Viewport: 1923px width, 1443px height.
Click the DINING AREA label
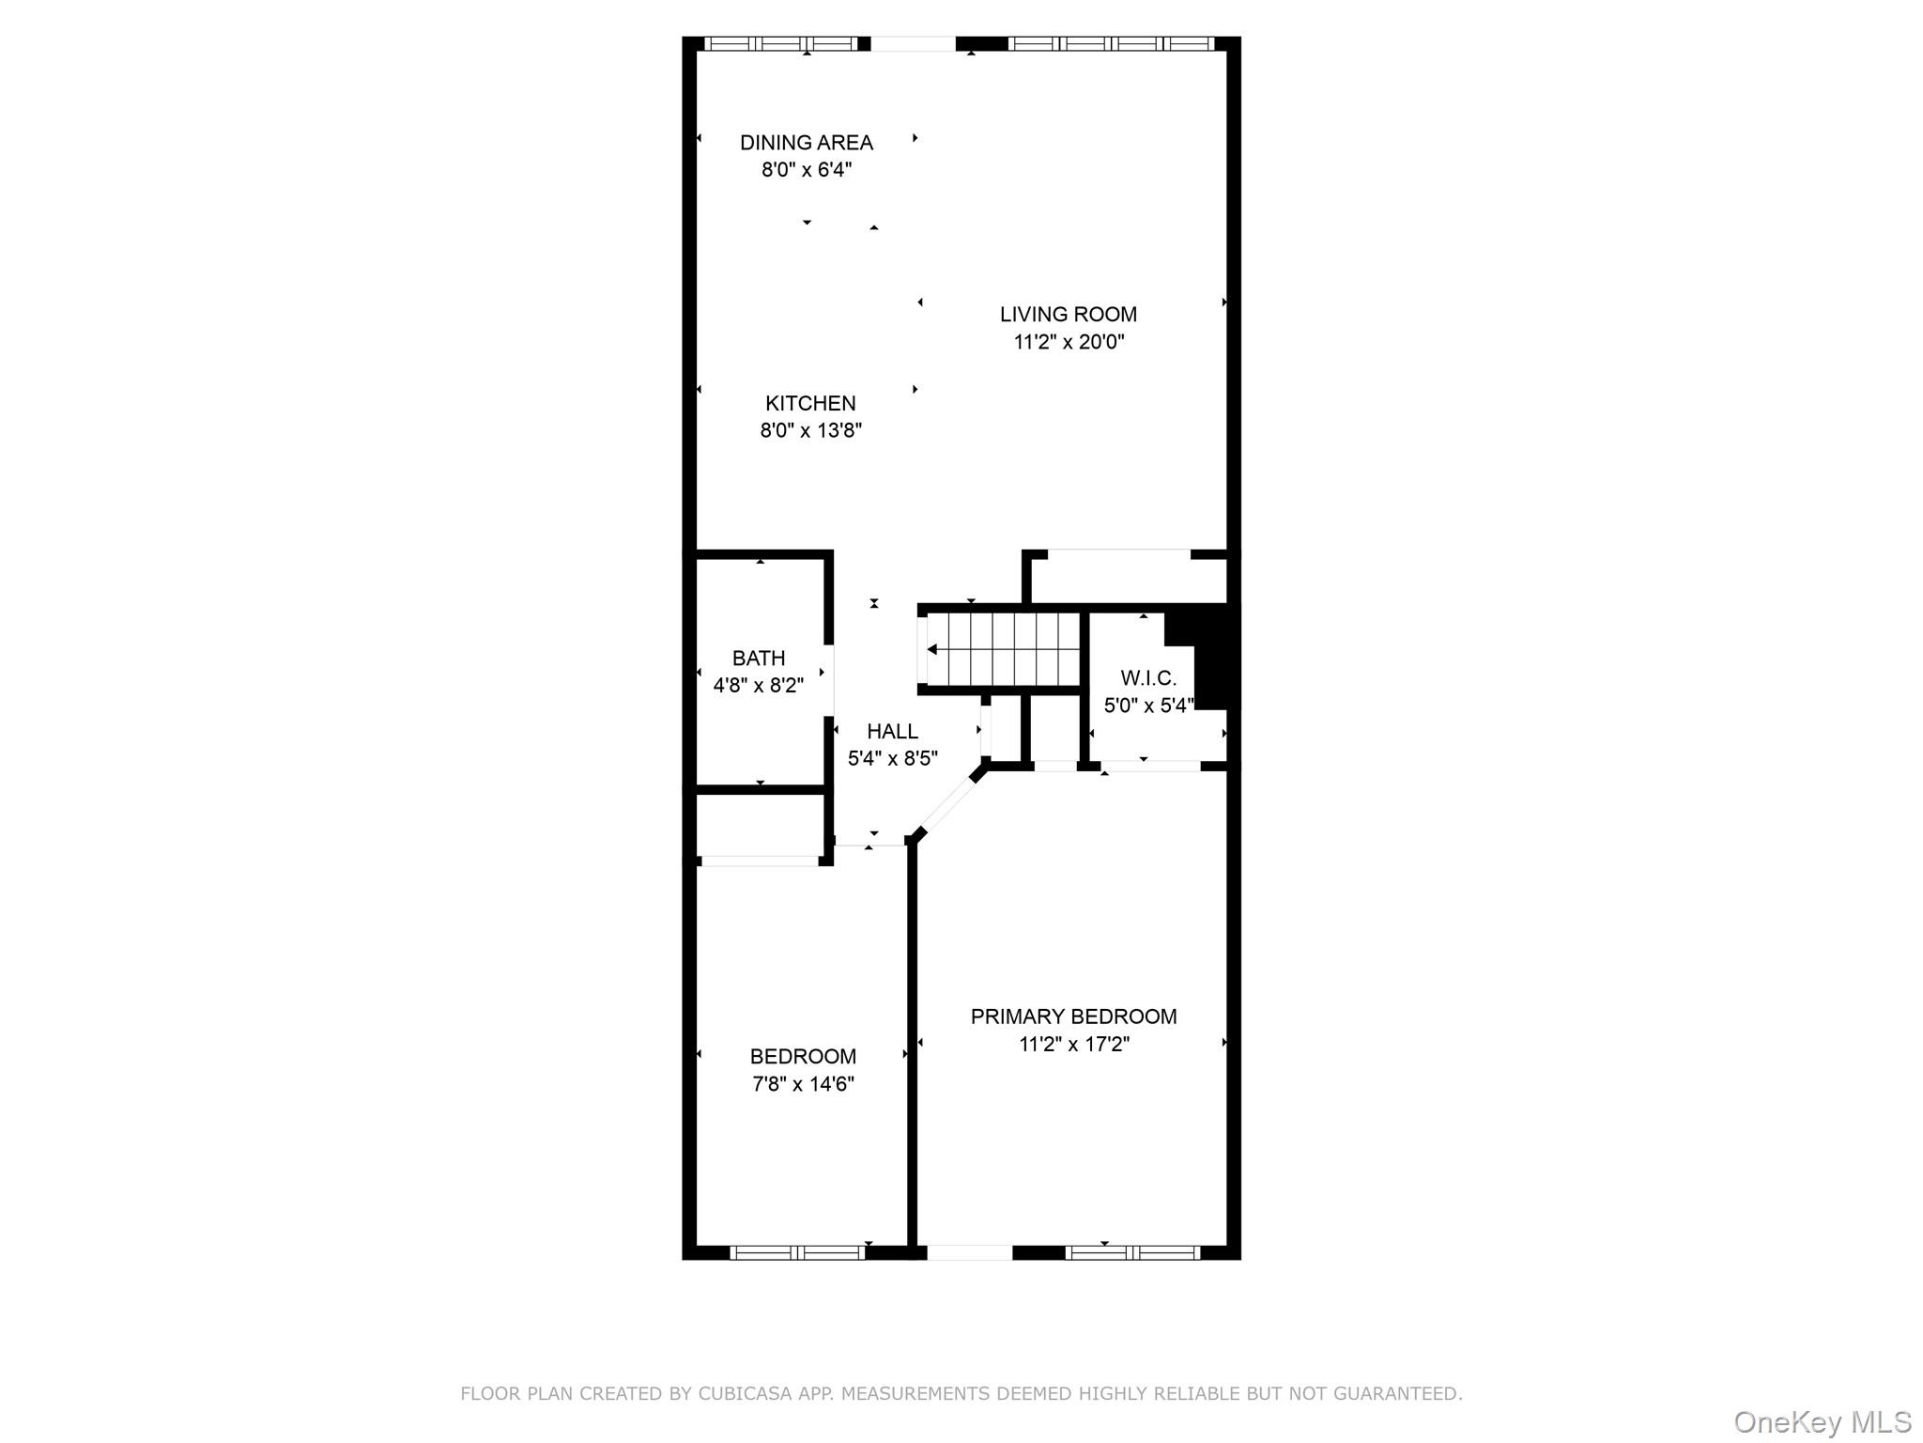(806, 143)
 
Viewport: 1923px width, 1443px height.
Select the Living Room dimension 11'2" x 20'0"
(1069, 342)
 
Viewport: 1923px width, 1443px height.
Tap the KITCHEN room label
(810, 404)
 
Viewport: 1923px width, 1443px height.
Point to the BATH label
(759, 659)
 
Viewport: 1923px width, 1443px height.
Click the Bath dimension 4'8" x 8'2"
(759, 686)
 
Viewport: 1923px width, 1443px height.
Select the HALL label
(892, 732)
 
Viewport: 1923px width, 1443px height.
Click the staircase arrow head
(932, 650)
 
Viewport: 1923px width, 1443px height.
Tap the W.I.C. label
(1148, 678)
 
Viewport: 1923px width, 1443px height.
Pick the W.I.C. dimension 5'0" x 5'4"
(1148, 706)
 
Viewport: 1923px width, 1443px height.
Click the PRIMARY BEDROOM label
(1073, 1016)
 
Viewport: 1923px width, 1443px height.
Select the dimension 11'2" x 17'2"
(1073, 1044)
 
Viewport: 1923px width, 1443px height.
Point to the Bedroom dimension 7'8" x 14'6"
(803, 1084)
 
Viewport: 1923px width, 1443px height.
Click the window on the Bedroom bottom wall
(797, 1252)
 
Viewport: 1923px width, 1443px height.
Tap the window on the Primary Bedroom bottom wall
(1132, 1252)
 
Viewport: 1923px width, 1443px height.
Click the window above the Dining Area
(781, 43)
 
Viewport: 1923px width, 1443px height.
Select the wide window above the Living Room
(1111, 43)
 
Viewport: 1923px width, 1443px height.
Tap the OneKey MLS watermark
(1822, 1421)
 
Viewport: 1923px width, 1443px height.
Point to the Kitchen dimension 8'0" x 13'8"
(810, 431)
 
